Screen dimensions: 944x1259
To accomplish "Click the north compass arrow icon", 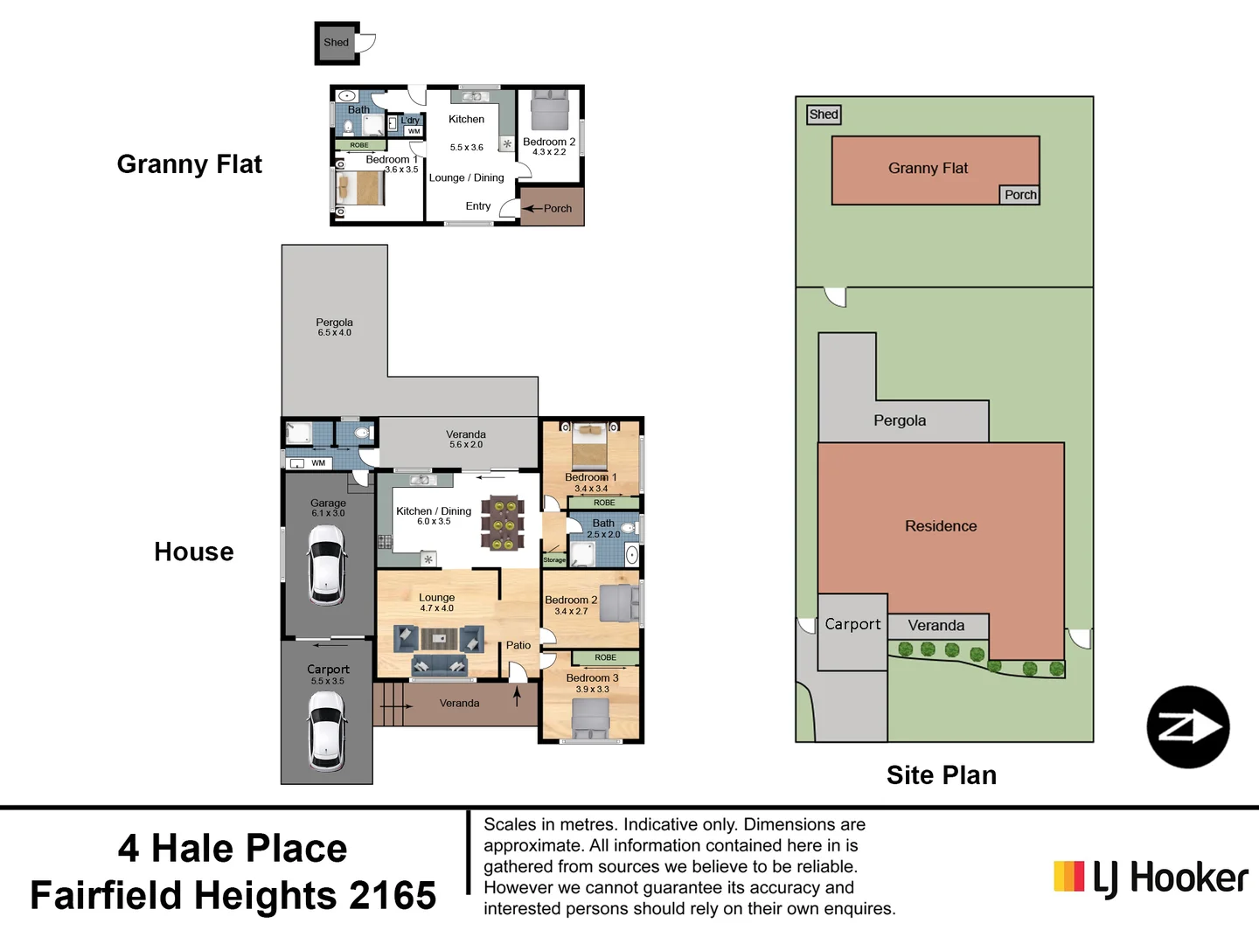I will pyautogui.click(x=1187, y=727).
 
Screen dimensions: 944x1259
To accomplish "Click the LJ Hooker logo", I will pyautogui.click(x=1151, y=878).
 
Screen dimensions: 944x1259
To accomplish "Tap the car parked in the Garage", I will pyautogui.click(x=327, y=566).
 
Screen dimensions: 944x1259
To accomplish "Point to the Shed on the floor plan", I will pyautogui.click(x=337, y=43).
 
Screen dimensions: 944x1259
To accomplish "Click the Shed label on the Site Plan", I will pyautogui.click(x=824, y=115).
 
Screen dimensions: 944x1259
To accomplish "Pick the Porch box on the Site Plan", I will pyautogui.click(x=1019, y=195).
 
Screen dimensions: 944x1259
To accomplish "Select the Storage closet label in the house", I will pyautogui.click(x=554, y=559).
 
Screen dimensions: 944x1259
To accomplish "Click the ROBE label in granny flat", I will pyautogui.click(x=359, y=145).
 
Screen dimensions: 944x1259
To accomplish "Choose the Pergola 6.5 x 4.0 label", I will pyautogui.click(x=334, y=327).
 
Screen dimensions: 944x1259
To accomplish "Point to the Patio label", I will pyautogui.click(x=518, y=645).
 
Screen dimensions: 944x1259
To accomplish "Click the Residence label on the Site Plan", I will pyautogui.click(x=941, y=526).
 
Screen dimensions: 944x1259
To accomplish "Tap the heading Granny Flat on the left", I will pyautogui.click(x=189, y=164).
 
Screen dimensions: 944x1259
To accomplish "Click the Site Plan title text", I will pyautogui.click(x=941, y=775).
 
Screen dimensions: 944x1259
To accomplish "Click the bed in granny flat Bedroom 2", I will pyautogui.click(x=549, y=111).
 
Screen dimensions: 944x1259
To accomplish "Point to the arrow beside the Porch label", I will pyautogui.click(x=532, y=209).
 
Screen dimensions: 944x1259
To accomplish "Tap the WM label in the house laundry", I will pyautogui.click(x=318, y=463).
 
